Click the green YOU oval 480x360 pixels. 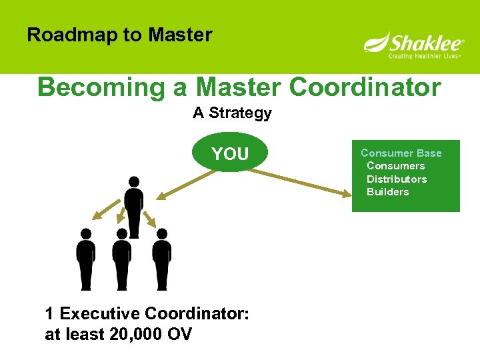(x=230, y=154)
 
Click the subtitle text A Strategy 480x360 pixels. (x=232, y=113)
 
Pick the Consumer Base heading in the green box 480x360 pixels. (x=401, y=153)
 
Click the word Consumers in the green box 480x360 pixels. (x=395, y=166)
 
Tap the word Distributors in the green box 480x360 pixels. (x=397, y=179)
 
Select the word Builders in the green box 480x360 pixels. (x=388, y=192)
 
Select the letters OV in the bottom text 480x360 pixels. (x=178, y=333)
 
